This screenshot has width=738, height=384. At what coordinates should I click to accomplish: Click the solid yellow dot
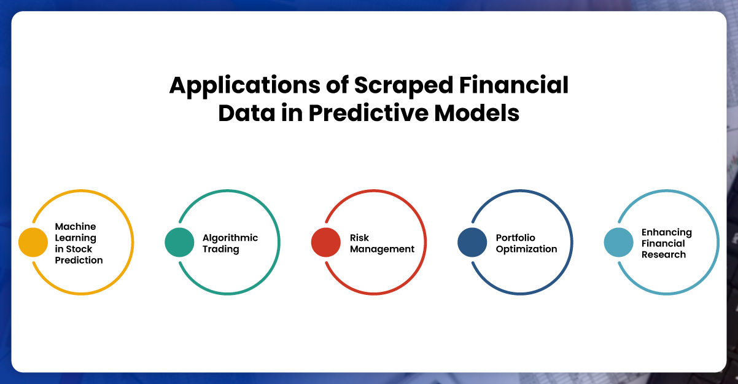click(x=33, y=242)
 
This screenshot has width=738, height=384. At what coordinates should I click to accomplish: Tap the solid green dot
click(x=179, y=242)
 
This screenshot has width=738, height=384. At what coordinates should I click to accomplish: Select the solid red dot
click(x=326, y=242)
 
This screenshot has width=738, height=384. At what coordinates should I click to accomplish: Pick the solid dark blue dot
click(x=472, y=242)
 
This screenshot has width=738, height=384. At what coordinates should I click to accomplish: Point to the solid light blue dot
click(x=618, y=242)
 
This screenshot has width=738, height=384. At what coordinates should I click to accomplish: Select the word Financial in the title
click(x=514, y=85)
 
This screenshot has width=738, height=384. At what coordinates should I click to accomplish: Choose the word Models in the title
click(x=476, y=113)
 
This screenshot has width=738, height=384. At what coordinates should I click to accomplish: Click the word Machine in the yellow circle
click(x=76, y=227)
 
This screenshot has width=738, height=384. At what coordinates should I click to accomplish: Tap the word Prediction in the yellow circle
click(x=79, y=260)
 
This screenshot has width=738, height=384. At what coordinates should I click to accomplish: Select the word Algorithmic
click(x=230, y=238)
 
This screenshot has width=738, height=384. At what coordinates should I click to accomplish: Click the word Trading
click(x=221, y=249)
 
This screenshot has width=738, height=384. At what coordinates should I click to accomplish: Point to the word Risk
click(x=359, y=238)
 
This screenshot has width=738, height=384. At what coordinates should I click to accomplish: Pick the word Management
click(x=382, y=249)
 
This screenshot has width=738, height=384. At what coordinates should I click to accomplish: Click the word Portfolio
click(x=516, y=238)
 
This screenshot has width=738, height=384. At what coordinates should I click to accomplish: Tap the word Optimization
click(x=526, y=249)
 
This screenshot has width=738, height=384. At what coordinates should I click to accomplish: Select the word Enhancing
click(x=667, y=233)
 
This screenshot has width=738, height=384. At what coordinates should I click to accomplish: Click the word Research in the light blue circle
click(x=664, y=254)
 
